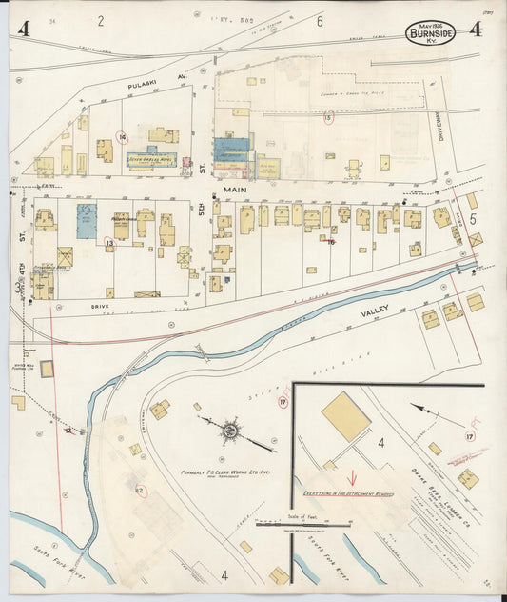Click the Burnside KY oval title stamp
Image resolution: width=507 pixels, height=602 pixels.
tap(431, 32)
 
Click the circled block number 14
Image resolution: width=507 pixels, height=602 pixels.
tap(122, 136)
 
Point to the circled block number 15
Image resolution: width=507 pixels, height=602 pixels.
tap(329, 118)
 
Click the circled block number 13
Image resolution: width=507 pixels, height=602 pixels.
tap(108, 244)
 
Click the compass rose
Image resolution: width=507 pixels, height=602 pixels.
tap(230, 433)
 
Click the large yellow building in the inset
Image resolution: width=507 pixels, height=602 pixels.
tap(345, 416)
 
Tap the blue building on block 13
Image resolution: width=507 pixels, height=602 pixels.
tap(87, 215)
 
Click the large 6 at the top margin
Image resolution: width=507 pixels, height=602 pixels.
tap(321, 21)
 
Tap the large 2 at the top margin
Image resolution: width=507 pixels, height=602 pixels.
tap(101, 20)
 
